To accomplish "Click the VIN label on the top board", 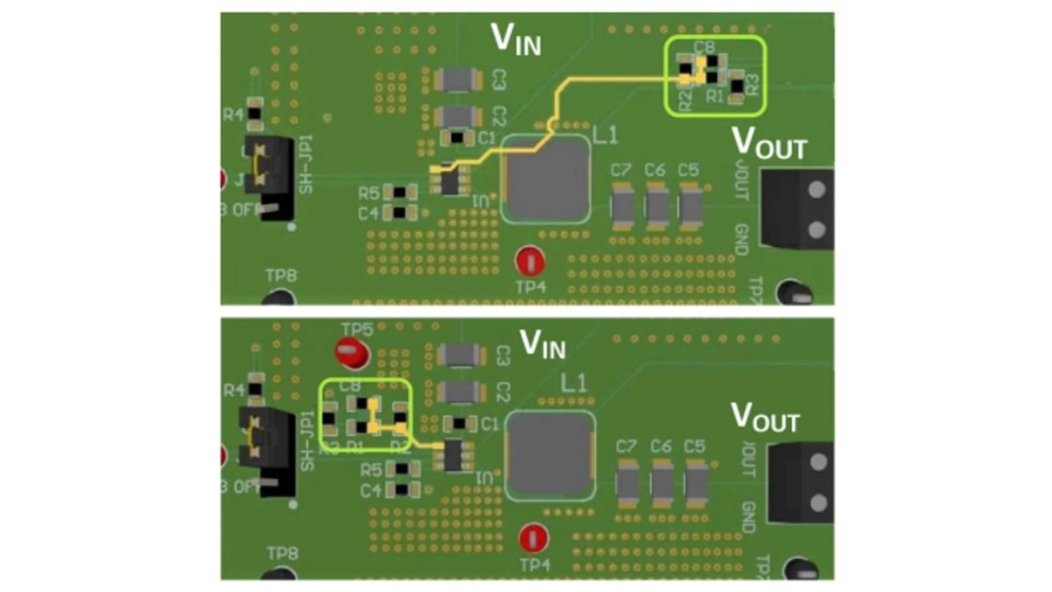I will coord(515,38).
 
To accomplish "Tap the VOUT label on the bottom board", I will coord(764,418).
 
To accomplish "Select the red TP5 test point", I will coord(352,353).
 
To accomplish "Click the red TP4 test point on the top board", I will coord(529,262).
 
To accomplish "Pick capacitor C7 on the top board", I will coord(622,205).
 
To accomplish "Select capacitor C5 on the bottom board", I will coord(696,483).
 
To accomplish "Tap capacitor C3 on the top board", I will coord(458,80).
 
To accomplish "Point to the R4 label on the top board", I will coord(233,115).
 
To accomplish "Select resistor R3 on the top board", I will coord(737,85).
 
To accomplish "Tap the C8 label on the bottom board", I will coord(349,385).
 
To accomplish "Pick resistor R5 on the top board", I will coord(399,193).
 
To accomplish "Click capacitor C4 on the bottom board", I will coord(400,490).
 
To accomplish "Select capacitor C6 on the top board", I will coord(656,205).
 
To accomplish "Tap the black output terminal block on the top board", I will coord(796,209).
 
